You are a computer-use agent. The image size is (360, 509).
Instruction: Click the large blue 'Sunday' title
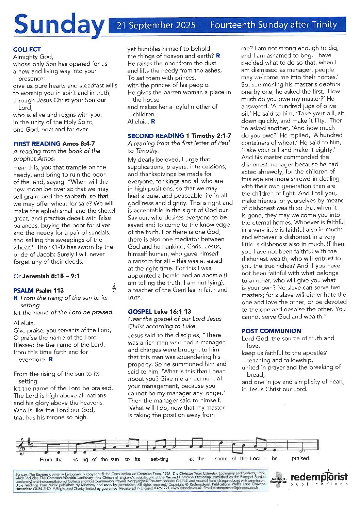click(x=59, y=25)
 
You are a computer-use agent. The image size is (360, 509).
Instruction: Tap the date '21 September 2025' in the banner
click(x=156, y=25)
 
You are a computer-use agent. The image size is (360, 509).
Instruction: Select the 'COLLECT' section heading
click(x=27, y=49)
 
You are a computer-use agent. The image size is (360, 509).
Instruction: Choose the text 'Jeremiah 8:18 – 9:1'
click(x=51, y=276)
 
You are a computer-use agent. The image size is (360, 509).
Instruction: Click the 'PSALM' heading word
click(x=23, y=290)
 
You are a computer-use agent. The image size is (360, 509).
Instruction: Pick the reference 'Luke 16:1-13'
click(x=173, y=311)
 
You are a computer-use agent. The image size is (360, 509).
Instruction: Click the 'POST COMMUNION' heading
click(x=271, y=331)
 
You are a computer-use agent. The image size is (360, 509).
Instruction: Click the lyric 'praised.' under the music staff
click(x=301, y=458)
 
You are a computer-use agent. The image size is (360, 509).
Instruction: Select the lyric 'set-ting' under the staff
click(x=160, y=459)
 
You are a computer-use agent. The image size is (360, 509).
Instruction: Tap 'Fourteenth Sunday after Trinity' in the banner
click(x=274, y=25)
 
